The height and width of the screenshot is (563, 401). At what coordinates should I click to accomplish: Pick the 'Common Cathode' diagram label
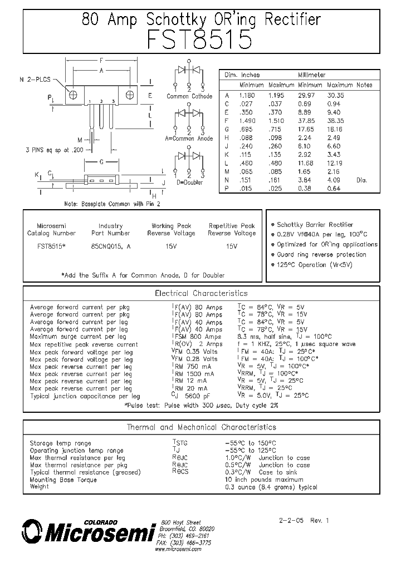[x=189, y=96]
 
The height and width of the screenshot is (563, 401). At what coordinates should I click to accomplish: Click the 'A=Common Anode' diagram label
[x=189, y=139]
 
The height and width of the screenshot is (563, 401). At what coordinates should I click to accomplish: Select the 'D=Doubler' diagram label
[x=189, y=182]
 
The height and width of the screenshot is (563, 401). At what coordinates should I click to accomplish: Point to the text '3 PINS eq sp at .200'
[x=53, y=150]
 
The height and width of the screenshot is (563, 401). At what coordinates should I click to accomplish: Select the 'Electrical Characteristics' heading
[x=201, y=293]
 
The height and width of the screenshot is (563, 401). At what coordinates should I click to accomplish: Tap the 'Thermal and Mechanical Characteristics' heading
[x=201, y=427]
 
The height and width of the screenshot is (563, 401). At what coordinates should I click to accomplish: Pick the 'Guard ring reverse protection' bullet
[x=321, y=254]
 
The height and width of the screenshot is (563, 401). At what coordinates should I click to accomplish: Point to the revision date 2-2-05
[x=291, y=521]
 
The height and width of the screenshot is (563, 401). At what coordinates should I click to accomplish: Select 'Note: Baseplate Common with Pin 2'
[x=112, y=204]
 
